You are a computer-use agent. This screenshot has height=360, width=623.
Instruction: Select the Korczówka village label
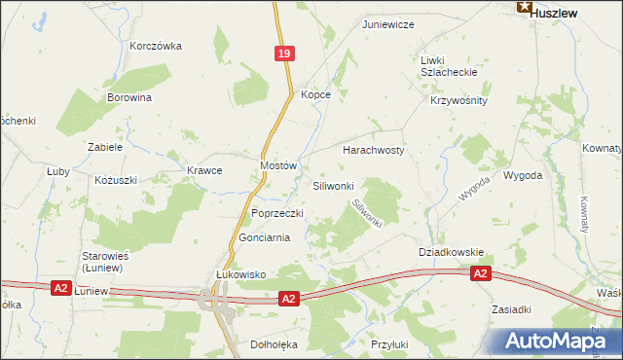click(156, 46)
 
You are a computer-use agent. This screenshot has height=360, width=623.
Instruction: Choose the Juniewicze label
click(388, 23)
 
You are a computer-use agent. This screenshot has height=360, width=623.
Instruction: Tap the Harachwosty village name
click(373, 151)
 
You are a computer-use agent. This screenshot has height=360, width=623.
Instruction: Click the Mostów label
click(277, 166)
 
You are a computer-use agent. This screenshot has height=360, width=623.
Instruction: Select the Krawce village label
click(204, 170)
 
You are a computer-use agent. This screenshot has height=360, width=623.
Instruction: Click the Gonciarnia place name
click(265, 237)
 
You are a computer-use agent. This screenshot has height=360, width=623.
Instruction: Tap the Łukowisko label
click(240, 274)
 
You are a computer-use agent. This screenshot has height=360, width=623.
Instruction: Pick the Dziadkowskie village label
click(451, 251)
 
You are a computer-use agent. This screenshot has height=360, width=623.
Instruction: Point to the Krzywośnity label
click(458, 100)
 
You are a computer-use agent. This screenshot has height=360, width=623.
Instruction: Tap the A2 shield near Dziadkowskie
click(480, 275)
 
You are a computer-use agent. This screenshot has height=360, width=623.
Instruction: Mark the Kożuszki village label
click(116, 180)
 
